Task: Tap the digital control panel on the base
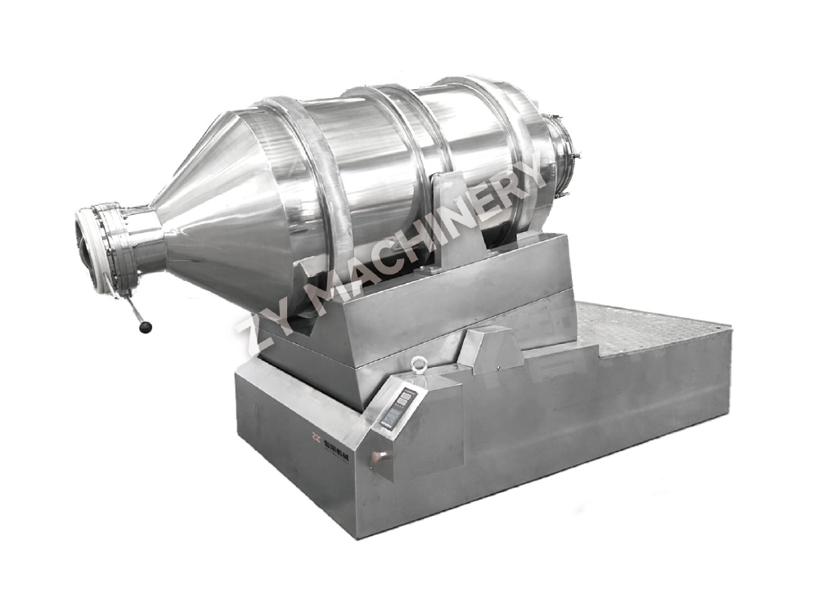click(398, 409)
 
